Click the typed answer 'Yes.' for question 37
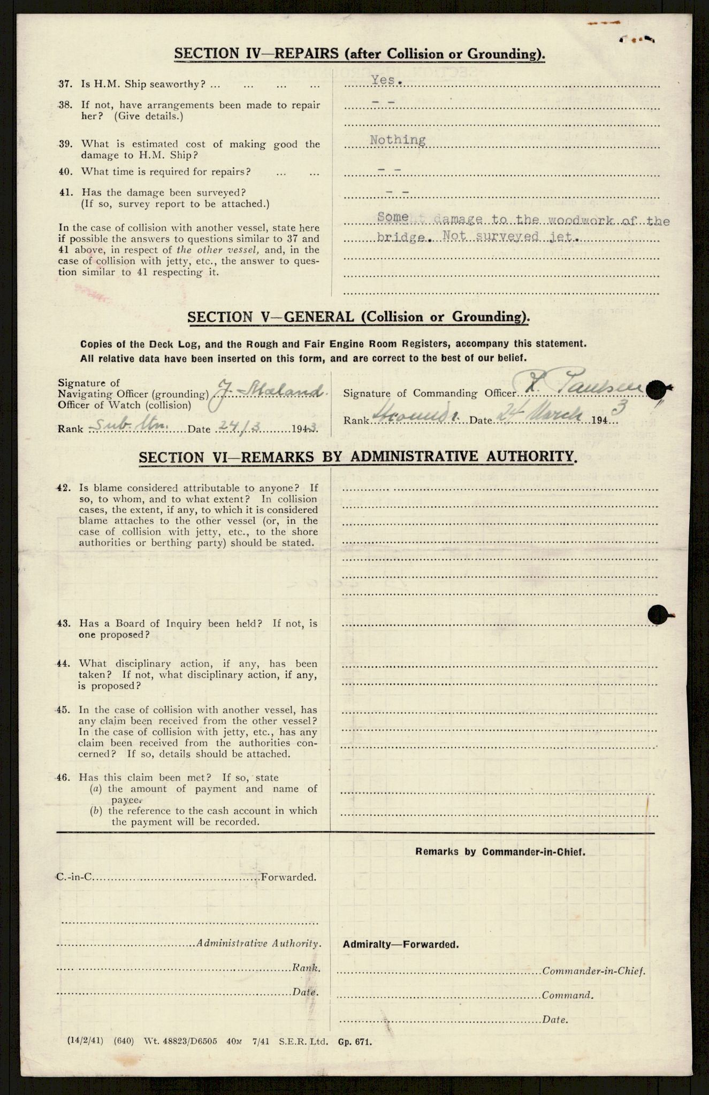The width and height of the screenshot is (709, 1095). tap(383, 80)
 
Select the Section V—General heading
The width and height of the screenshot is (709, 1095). tap(359, 317)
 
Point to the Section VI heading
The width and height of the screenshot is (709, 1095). tap(358, 457)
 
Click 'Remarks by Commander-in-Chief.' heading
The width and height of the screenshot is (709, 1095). tap(500, 852)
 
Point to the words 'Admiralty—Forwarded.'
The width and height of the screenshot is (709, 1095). tap(401, 945)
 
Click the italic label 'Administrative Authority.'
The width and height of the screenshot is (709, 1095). tap(260, 944)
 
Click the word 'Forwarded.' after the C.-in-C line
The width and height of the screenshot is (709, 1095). tap(288, 877)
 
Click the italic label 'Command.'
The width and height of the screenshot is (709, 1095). tap(567, 996)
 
